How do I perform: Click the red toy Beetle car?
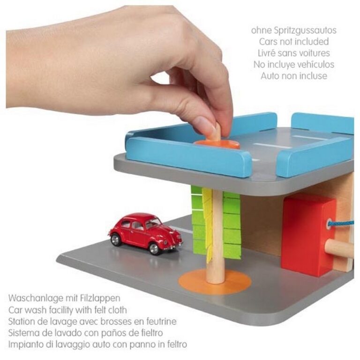tap(146, 233)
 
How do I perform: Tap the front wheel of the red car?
tap(154, 248)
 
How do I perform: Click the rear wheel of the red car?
tap(115, 240)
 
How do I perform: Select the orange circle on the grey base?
tap(215, 282)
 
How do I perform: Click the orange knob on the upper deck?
tap(217, 144)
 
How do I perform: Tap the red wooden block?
tap(307, 236)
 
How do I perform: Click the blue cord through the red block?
tap(341, 224)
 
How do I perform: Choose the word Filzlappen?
tap(100, 298)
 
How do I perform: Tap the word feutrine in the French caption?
tap(161, 322)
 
